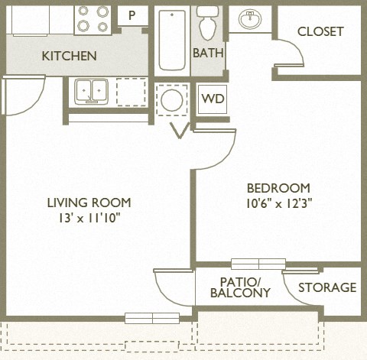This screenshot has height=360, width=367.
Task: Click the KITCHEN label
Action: click(69, 56)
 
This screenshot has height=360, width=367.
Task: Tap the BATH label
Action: click(207, 53)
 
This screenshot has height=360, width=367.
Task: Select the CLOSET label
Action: click(320, 31)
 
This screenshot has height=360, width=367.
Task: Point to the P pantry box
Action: click(132, 15)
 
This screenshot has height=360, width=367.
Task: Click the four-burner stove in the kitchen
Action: click(93, 19)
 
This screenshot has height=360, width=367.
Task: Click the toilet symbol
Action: click(207, 24)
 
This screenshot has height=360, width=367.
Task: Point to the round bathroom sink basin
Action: click(251, 19)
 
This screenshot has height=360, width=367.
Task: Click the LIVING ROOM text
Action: click(89, 203)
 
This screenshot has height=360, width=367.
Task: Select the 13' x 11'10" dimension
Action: click(89, 218)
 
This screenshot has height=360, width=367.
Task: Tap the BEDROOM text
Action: click(278, 188)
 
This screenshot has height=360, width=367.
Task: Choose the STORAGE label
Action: click(326, 287)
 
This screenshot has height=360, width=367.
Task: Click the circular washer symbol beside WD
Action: click(171, 100)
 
